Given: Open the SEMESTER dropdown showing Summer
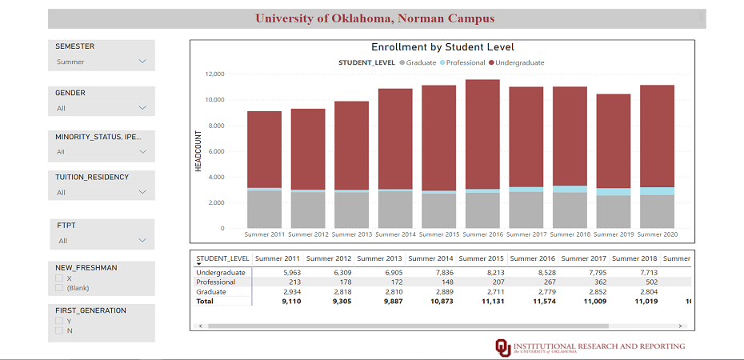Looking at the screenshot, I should coord(101,62).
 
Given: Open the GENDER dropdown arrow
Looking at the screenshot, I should coord(142,108).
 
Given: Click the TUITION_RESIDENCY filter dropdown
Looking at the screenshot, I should coord(101,192).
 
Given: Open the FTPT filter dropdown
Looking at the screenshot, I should coord(101,240).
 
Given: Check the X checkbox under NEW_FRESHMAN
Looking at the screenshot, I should coord(58,278).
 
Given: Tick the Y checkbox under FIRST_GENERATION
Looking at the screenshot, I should coord(58,321).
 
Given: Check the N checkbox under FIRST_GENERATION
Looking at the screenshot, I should coord(58,330).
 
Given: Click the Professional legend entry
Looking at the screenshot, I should coord(465,62).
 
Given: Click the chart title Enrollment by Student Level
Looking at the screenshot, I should coord(442,47).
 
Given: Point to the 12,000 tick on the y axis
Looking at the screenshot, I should coord(214,74).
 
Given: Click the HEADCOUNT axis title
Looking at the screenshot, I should coord(198,151).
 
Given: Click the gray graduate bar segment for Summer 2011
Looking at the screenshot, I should coord(264,209).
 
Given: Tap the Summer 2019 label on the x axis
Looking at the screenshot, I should coord(614,234).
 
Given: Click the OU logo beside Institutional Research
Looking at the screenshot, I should coord(502,346).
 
